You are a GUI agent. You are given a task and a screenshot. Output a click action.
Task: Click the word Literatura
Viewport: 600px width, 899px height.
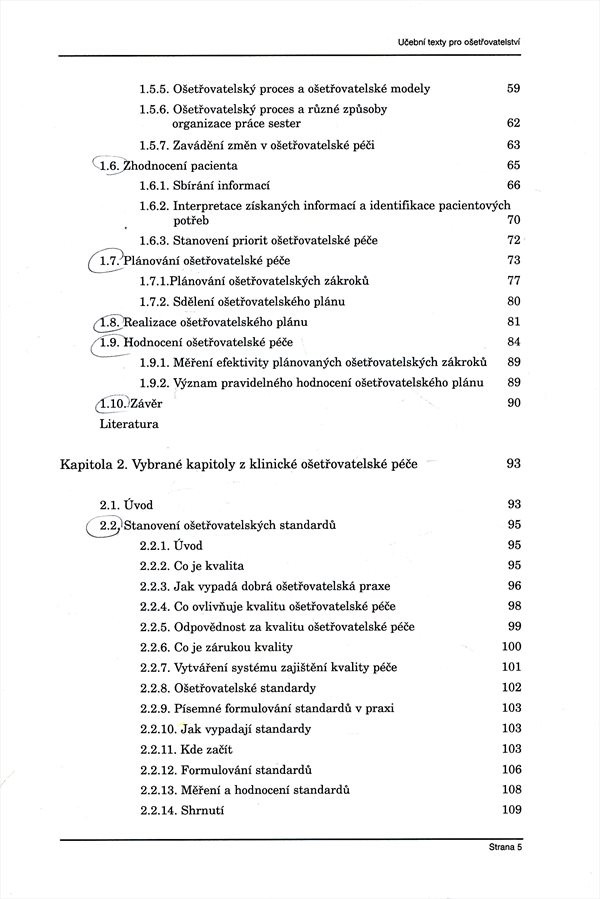click(128, 423)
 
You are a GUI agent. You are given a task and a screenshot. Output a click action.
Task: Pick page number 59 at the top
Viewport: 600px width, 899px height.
click(514, 88)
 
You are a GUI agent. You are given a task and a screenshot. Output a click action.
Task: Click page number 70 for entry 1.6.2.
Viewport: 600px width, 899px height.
click(514, 220)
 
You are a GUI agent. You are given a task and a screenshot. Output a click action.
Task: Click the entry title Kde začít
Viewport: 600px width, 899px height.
click(213, 749)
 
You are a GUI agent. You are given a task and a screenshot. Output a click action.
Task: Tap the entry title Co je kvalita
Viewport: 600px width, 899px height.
click(209, 565)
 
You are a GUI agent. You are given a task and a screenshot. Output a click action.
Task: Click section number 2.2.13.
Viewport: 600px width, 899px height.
click(160, 789)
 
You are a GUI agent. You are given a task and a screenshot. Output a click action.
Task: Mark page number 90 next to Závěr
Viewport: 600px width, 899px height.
click(514, 402)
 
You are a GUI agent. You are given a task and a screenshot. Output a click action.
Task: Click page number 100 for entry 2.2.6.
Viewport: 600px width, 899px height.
click(511, 647)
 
